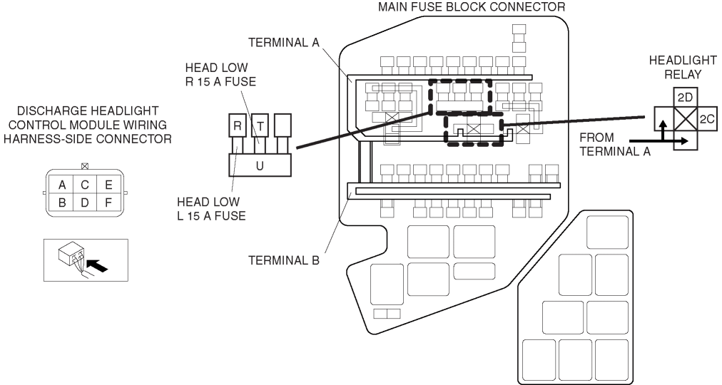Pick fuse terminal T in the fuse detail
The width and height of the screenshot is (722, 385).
(x=260, y=126)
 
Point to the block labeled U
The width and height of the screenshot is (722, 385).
(x=260, y=165)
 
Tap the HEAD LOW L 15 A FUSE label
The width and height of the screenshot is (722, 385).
(x=210, y=208)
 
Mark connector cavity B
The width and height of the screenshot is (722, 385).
(x=63, y=203)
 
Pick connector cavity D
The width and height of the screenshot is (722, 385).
(x=85, y=203)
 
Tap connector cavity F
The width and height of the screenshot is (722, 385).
(x=108, y=203)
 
